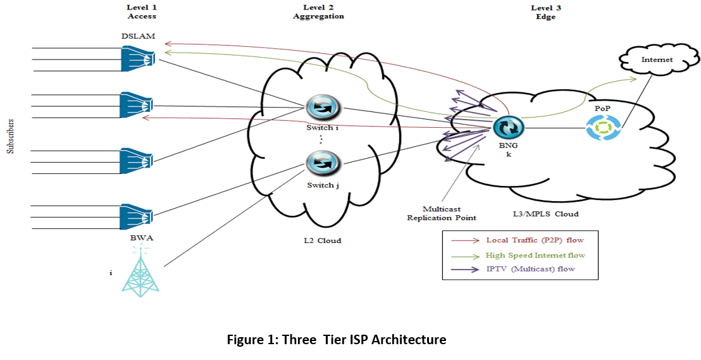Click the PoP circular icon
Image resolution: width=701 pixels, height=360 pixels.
point(600,128)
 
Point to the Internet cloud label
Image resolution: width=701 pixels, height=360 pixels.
point(657,59)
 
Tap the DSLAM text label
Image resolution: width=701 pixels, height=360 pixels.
point(138,35)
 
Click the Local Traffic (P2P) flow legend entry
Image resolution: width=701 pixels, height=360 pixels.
point(535,240)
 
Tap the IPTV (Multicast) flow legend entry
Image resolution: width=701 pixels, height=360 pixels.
point(530,270)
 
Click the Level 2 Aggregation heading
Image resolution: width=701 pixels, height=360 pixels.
point(318,12)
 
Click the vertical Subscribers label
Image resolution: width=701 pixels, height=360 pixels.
point(9,135)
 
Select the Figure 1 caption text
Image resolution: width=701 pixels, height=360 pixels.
point(336,340)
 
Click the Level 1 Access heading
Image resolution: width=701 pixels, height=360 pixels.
point(141,12)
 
